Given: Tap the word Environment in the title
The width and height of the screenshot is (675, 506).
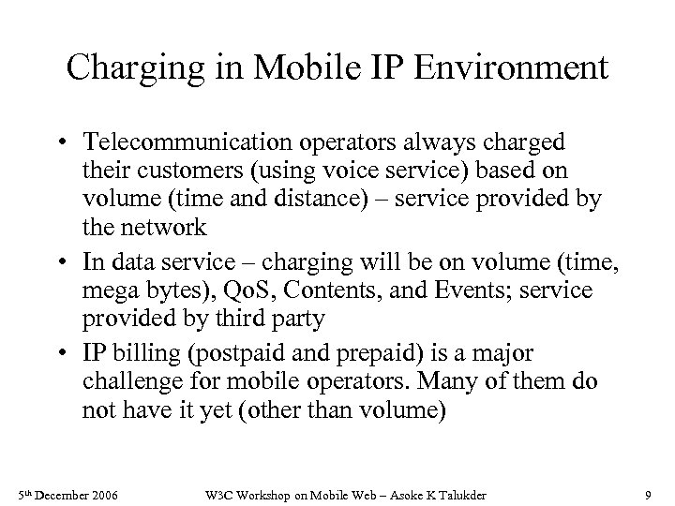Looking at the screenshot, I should point(509,69).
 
